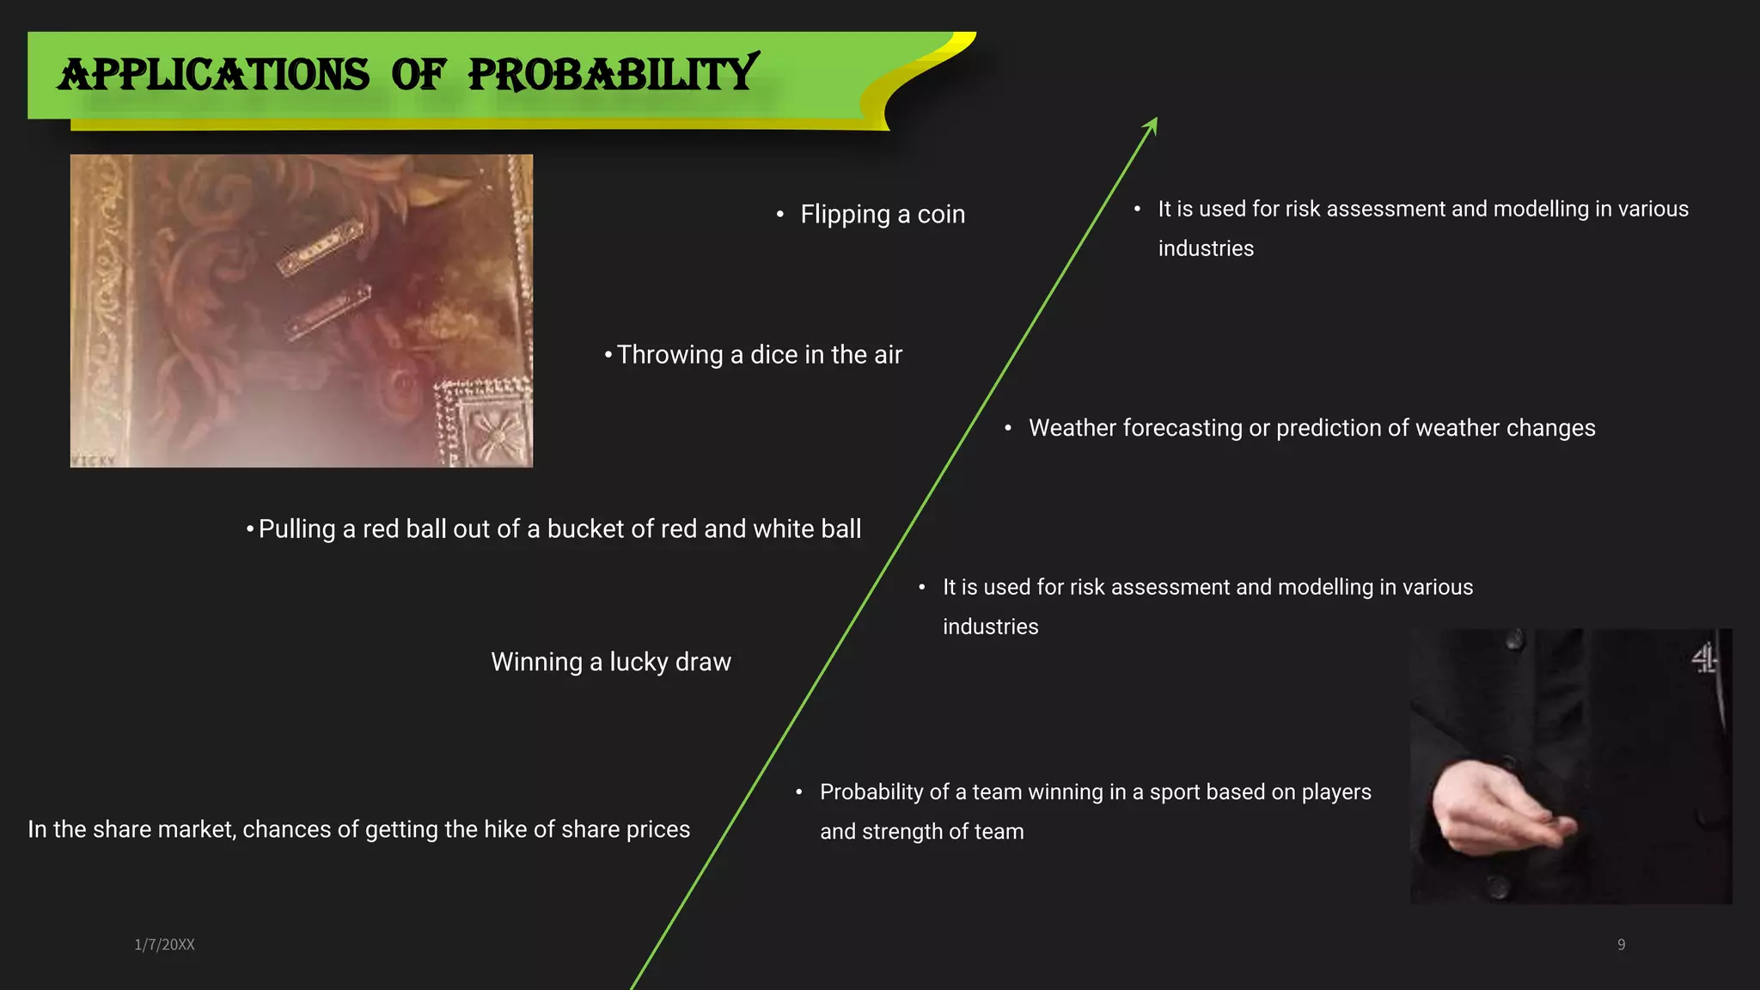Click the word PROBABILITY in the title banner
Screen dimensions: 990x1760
613,75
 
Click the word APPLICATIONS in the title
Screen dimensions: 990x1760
213,75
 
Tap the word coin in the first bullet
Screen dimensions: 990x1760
941,214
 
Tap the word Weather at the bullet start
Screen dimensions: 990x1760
1072,428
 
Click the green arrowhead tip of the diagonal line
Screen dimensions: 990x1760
1155,120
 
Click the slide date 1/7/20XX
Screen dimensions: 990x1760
164,944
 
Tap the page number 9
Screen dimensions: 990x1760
1621,944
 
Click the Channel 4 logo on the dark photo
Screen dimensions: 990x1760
1705,660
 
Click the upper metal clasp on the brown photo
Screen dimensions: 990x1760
320,248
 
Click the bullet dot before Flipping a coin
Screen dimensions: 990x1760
780,215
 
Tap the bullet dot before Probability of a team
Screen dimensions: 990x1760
799,792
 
